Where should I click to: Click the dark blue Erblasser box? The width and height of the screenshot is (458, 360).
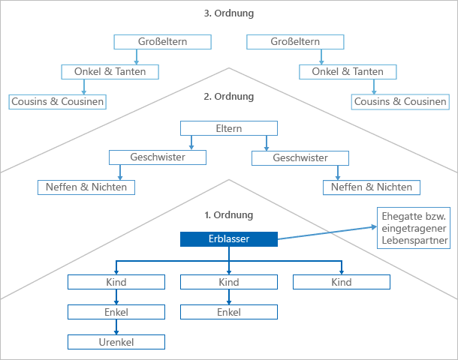pyautogui.click(x=228, y=239)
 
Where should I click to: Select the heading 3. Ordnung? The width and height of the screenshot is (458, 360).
pyautogui.click(x=228, y=13)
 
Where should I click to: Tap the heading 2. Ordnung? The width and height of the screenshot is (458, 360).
pyautogui.click(x=228, y=97)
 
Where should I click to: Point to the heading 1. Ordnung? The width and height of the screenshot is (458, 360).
pyautogui.click(x=228, y=215)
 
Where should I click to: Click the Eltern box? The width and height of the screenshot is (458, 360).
pyautogui.click(x=228, y=128)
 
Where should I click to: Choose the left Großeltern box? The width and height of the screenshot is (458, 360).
pyautogui.click(x=162, y=42)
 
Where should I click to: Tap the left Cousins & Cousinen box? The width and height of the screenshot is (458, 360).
pyautogui.click(x=57, y=101)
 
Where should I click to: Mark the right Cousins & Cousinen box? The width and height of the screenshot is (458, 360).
pyautogui.click(x=400, y=101)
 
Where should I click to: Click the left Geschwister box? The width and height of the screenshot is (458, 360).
pyautogui.click(x=158, y=157)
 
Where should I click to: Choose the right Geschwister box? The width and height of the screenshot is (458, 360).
pyautogui.click(x=300, y=158)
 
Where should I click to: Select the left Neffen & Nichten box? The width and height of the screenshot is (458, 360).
pyautogui.click(x=86, y=187)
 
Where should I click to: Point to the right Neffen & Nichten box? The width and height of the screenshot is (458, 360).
pyautogui.click(x=371, y=187)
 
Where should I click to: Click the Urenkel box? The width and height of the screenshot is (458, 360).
pyautogui.click(x=116, y=342)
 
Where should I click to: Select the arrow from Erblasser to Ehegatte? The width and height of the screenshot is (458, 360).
pyautogui.click(x=327, y=231)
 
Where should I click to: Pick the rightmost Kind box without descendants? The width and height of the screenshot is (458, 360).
pyautogui.click(x=341, y=282)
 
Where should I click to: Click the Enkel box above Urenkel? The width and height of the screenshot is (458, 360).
pyautogui.click(x=116, y=312)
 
